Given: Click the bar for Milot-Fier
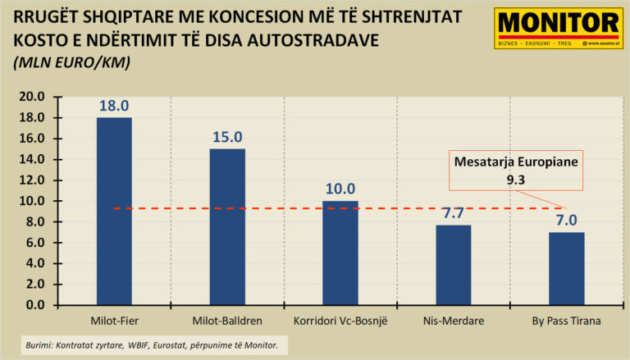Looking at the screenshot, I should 114,211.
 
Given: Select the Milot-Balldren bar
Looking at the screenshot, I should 227,226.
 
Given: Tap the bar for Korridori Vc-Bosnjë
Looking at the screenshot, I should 340,253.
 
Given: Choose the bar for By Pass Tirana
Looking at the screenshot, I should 566,268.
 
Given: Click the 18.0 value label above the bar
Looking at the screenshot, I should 114,107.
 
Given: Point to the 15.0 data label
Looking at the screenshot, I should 227,138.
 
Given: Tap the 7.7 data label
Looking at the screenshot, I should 453,213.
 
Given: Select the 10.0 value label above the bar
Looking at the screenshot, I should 340,189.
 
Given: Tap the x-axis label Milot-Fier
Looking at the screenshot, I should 114,321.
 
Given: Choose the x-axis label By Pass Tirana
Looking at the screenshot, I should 566,321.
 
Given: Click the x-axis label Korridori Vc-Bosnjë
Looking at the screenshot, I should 340,321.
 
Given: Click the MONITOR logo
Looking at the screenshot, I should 557,29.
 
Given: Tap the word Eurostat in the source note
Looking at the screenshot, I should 157,346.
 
